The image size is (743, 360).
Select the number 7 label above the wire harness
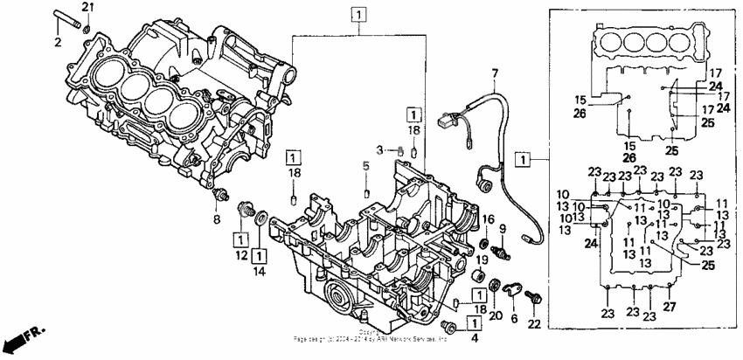coord(494,73)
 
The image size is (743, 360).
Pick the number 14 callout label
coord(260,272)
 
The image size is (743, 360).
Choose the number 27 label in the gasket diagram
coord(670,306)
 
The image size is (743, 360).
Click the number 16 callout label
coord(489,218)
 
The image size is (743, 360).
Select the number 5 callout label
coord(367,165)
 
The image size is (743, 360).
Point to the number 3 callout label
coord(381,150)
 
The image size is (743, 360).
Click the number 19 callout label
coord(481,260)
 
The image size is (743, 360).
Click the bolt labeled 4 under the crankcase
coord(451,326)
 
